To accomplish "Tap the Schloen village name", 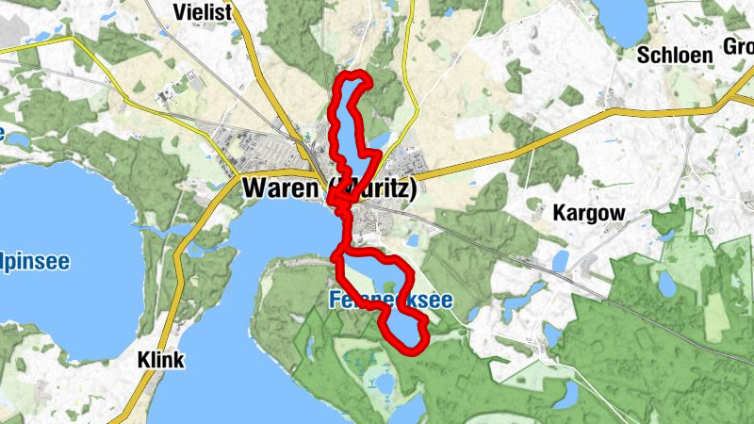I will (674, 54).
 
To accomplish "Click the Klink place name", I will (160, 360).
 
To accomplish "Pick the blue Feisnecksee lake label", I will (391, 302).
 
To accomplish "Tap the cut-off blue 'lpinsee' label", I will (35, 261).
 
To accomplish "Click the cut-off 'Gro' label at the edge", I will (737, 46).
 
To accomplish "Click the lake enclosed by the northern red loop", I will (351, 118).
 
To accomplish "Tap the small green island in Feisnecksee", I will (390, 286).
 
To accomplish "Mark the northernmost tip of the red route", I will (354, 74).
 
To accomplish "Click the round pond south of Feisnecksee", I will (383, 383).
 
